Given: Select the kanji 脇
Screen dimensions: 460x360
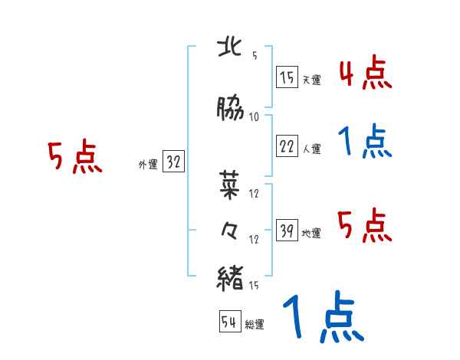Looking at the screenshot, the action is click(x=232, y=110).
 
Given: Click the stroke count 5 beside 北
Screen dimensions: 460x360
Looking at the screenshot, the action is click(x=255, y=56).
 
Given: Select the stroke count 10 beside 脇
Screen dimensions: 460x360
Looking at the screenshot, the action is click(x=255, y=117).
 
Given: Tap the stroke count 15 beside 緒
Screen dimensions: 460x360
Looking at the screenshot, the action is click(x=255, y=286).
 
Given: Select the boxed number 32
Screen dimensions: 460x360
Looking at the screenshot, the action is click(x=173, y=162).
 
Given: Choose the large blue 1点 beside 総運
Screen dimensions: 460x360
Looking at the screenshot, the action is click(x=321, y=317).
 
